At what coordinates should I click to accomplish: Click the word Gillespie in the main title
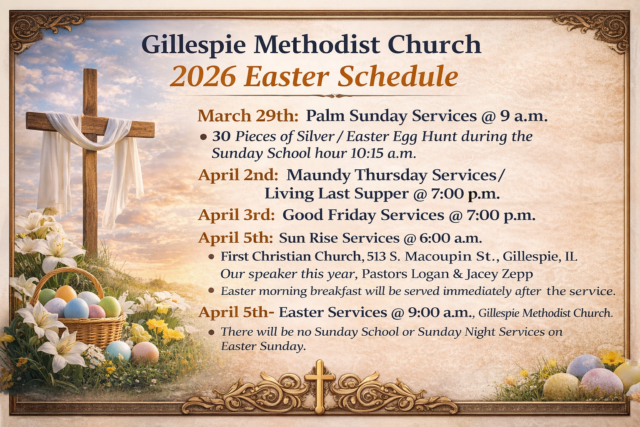(193, 45)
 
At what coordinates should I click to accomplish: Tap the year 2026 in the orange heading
(203, 77)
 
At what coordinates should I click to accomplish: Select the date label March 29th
(248, 116)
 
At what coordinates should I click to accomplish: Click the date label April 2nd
(238, 175)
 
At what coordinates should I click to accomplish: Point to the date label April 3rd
(236, 215)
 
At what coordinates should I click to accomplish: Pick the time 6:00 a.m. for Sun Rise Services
(450, 238)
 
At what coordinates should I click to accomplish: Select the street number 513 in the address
(375, 256)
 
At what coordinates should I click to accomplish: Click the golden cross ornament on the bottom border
(320, 387)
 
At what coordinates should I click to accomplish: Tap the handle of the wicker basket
(67, 274)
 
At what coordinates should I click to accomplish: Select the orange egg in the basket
(66, 294)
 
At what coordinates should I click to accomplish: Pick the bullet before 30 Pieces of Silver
(203, 138)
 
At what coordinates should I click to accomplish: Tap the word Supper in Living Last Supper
(381, 194)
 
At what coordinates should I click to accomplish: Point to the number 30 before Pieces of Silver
(221, 137)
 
